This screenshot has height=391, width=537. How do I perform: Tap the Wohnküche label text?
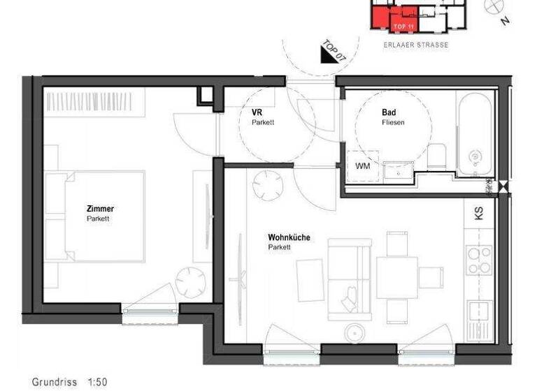[289, 237]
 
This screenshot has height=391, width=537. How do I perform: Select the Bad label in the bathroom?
[389, 112]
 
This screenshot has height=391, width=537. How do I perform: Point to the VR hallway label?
[257, 112]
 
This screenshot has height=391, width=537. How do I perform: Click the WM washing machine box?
[363, 166]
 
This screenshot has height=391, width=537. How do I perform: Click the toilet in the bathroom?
[438, 154]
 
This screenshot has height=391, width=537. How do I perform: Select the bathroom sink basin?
[398, 168]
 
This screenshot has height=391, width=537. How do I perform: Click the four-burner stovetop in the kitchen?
[480, 260]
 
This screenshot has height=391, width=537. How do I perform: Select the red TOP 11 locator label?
[405, 26]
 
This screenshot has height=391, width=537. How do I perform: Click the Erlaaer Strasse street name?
[416, 45]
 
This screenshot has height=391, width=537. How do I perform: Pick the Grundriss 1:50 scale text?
[69, 382]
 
